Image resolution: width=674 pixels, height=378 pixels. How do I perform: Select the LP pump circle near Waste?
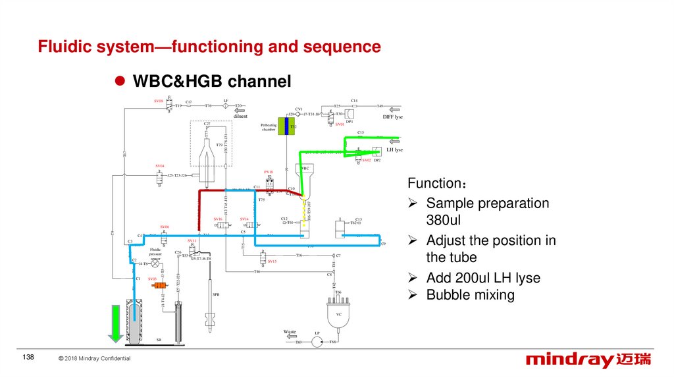(317, 342)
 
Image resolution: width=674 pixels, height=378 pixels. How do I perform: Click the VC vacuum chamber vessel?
(339, 313)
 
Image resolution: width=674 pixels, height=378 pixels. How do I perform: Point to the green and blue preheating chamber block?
(286, 126)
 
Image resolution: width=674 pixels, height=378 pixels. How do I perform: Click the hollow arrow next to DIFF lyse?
(394, 109)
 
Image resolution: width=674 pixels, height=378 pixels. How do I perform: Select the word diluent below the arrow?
(240, 117)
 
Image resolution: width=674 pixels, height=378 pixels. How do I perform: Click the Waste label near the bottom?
(290, 331)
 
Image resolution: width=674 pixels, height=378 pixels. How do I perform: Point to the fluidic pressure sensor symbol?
(155, 263)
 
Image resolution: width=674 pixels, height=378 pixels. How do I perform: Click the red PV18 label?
(269, 172)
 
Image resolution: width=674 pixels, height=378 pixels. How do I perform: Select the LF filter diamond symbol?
(226, 105)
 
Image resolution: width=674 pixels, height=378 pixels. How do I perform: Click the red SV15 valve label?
(272, 261)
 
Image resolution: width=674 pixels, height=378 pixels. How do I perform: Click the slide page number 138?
(28, 357)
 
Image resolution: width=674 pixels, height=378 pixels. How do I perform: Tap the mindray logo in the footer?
(588, 360)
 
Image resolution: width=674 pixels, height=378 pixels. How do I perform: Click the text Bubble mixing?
(470, 294)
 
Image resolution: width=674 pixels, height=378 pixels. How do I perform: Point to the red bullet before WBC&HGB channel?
(120, 81)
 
